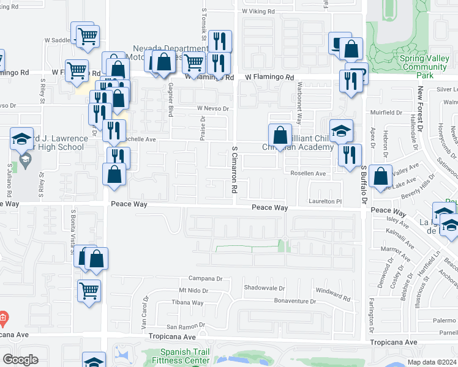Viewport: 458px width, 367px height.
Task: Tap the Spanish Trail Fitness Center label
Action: click(186, 356)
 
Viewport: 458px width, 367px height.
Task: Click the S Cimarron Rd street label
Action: click(234, 170)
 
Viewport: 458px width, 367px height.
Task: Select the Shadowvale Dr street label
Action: click(265, 288)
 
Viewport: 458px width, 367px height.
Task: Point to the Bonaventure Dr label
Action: click(294, 302)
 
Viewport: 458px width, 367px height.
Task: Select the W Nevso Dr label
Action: click(212, 109)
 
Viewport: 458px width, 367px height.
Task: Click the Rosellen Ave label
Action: click(308, 174)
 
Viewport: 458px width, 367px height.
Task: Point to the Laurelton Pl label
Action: click(325, 201)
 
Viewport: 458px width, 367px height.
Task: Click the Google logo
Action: click(20, 359)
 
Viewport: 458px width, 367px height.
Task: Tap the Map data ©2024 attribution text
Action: click(431, 362)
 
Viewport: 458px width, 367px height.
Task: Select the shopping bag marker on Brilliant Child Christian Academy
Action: click(280, 135)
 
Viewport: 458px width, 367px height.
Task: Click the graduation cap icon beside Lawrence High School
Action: click(22, 138)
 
